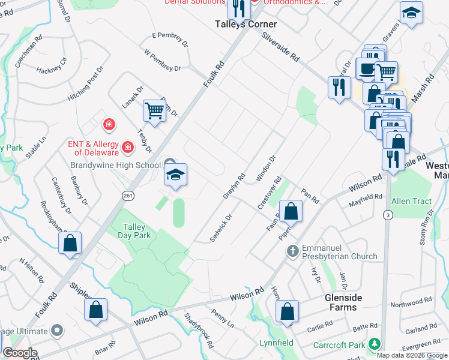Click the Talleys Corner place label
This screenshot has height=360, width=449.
(x=246, y=25)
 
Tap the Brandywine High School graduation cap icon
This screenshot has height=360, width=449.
(x=176, y=175)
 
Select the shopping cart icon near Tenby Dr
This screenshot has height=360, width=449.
(x=154, y=111)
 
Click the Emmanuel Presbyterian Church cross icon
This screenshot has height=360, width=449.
(x=292, y=250)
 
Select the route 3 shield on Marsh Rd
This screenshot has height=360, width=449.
(x=389, y=215)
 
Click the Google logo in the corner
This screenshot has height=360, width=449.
(x=19, y=353)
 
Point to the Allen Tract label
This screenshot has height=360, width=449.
(x=411, y=201)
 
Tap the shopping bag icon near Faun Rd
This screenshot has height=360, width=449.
(x=291, y=211)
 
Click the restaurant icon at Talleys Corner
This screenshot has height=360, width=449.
(x=239, y=9)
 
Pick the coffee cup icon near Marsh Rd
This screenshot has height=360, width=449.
(x=366, y=69)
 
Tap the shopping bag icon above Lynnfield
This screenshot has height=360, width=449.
(x=288, y=311)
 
